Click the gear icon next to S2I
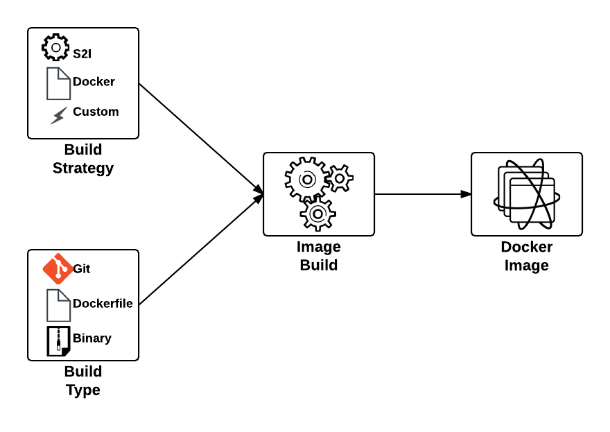[55, 47]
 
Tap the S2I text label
[82, 53]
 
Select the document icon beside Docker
[58, 83]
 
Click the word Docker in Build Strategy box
[94, 82]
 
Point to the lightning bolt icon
[59, 115]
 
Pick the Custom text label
[96, 112]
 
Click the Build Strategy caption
[83, 159]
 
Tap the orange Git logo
[58, 269]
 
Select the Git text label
[81, 269]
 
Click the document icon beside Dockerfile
[58, 305]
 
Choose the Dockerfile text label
[103, 304]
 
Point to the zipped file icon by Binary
[58, 341]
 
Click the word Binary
[92, 338]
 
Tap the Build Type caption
[83, 381]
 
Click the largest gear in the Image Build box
[307, 180]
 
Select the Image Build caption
[319, 256]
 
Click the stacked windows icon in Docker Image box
[527, 194]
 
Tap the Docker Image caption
[527, 256]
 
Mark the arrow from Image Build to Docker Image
[423, 194]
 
